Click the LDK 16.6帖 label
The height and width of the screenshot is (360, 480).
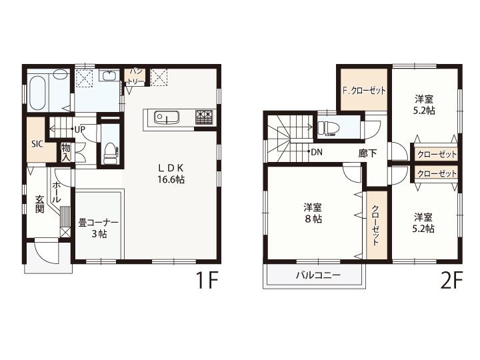pos(171,173)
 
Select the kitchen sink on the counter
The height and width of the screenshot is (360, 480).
pos(167,117)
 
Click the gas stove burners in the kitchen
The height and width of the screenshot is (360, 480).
pos(203,117)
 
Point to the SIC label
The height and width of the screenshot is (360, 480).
pos(37,144)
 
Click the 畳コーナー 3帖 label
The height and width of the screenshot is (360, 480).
pos(98,228)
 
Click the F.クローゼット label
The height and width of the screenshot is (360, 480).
pos(364,90)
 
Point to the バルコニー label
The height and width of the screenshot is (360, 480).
pos(318,275)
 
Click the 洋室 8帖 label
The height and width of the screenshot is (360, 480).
pos(313,213)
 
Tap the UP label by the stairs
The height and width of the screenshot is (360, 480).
pos(79,129)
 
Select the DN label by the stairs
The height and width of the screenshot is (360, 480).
pos(317,151)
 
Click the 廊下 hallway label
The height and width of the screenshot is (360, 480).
pos(367,153)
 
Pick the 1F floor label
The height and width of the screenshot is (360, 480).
pos(207,281)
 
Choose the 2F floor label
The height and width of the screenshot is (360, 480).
pos(451,281)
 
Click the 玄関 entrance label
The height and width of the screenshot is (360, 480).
pos(40,204)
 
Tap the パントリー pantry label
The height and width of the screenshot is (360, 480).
pos(135,76)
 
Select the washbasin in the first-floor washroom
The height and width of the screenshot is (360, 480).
pos(109,75)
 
